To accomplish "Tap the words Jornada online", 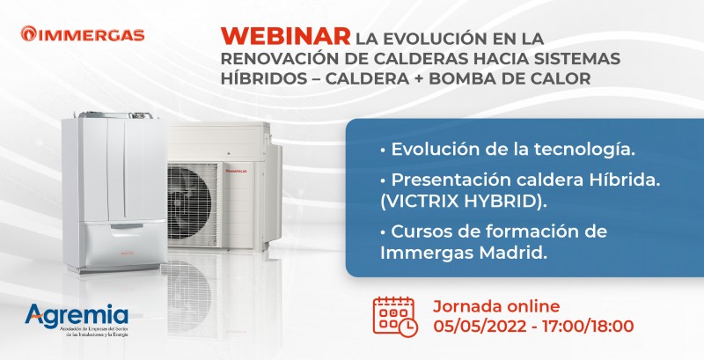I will click(496, 306).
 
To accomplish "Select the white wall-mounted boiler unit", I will click(109, 185).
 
